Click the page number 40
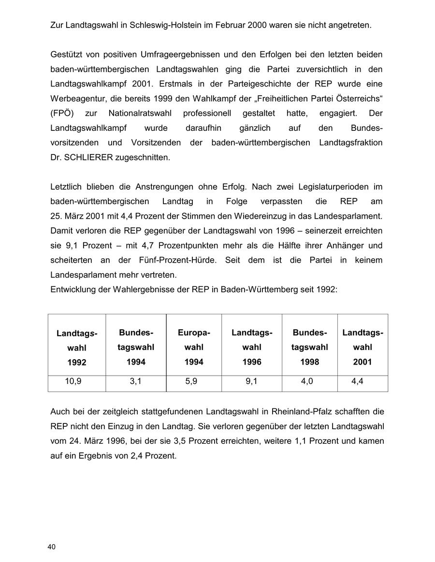52,547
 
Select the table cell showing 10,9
73,381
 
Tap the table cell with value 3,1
135,381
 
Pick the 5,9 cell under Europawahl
191,381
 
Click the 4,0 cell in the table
307,381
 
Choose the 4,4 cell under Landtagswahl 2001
358,381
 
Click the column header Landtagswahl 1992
77,348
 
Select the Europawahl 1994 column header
194,347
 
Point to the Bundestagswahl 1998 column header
309,347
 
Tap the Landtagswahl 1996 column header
252,347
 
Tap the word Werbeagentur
75,98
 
